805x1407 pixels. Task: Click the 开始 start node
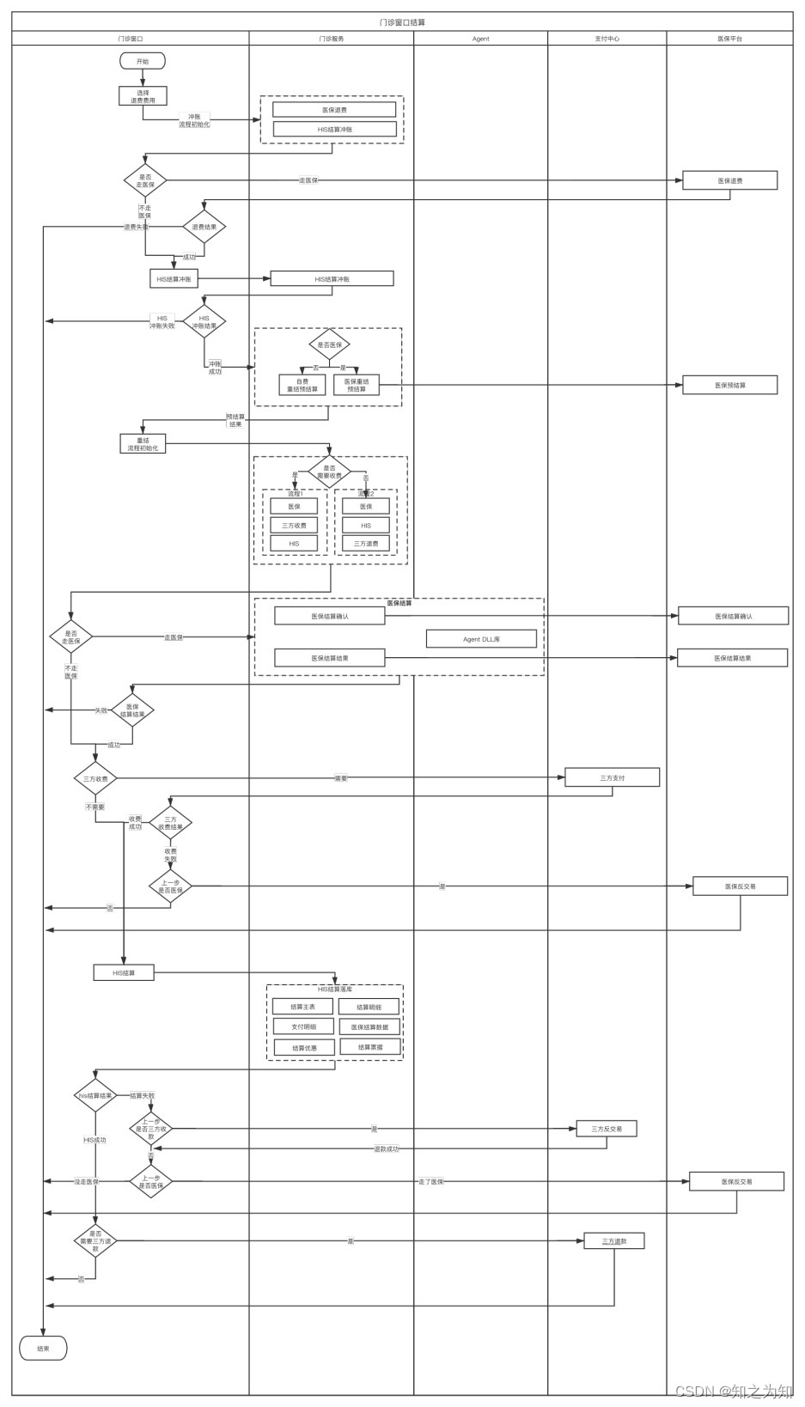tap(142, 61)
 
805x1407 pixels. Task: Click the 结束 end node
tap(43, 1348)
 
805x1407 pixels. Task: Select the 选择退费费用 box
tap(143, 96)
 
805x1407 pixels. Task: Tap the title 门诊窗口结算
tap(402, 22)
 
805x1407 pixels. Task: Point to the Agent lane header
tap(480, 39)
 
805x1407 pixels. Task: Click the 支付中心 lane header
tap(607, 39)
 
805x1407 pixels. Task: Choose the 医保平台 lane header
tap(729, 39)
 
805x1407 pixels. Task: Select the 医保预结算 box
tap(729, 385)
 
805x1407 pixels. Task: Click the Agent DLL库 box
tap(481, 639)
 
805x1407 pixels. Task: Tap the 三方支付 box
tap(612, 777)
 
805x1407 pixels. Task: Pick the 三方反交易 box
tap(606, 1129)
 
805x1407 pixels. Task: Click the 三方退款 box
tap(613, 1240)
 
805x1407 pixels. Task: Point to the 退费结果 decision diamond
tap(204, 228)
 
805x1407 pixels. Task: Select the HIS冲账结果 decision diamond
tap(204, 321)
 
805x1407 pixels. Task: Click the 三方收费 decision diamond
tap(95, 779)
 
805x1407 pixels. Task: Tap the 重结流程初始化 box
tap(143, 444)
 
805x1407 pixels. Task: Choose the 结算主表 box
tap(302, 1007)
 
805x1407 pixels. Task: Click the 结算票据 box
tap(370, 1047)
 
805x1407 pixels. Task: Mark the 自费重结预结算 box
tap(302, 385)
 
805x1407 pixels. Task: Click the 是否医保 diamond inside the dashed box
tap(329, 344)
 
